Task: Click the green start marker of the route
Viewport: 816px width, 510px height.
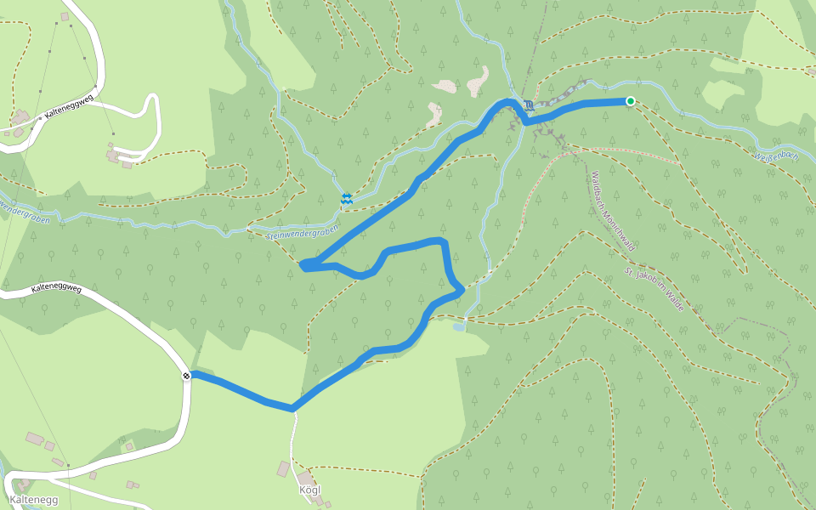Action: [x=631, y=101]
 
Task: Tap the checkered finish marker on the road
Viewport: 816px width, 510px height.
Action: [x=186, y=376]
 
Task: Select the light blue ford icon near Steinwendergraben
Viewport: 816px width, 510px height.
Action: [x=347, y=198]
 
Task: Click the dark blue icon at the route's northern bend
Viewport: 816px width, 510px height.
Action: [x=529, y=105]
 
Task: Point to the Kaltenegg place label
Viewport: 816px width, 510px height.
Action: [x=34, y=500]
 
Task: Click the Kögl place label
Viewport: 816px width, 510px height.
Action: [x=310, y=490]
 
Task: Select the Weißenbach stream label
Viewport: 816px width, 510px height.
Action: [x=775, y=156]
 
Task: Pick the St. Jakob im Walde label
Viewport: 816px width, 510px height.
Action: [x=654, y=290]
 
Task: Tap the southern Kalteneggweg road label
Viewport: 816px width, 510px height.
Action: [x=56, y=289]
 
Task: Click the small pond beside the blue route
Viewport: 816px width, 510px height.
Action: [x=459, y=326]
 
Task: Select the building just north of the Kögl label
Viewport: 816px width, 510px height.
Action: [x=284, y=468]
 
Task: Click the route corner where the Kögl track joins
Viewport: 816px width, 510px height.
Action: [x=292, y=409]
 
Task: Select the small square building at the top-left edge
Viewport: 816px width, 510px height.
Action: [x=65, y=16]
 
